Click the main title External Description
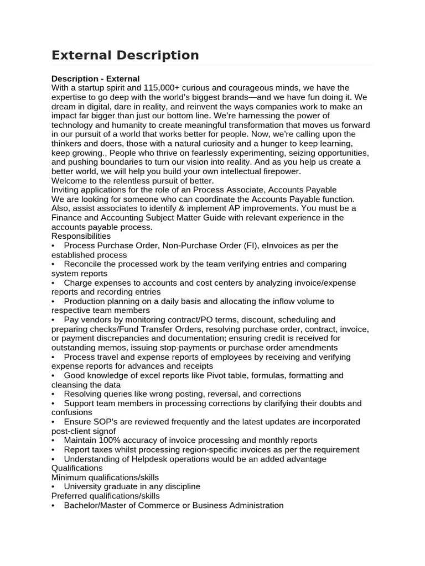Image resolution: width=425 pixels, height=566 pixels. (x=125, y=55)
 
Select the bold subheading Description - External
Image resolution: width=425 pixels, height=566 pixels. (x=95, y=78)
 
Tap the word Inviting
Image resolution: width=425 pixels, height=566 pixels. (x=67, y=190)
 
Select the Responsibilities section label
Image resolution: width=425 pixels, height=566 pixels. (x=81, y=236)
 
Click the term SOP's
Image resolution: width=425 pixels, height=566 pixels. (x=105, y=422)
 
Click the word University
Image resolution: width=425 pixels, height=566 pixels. (x=84, y=486)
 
